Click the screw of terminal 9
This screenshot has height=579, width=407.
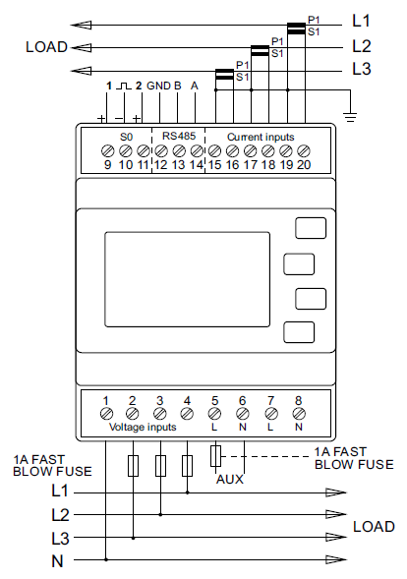[x=107, y=150]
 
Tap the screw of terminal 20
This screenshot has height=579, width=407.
[x=303, y=150]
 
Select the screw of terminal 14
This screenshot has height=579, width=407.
[x=197, y=150]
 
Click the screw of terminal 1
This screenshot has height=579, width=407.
[x=106, y=414]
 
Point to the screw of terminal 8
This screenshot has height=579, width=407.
[x=299, y=414]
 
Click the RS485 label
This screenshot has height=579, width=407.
[x=179, y=136]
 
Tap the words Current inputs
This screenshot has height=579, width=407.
[x=261, y=137]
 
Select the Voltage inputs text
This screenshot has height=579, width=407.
[x=143, y=427]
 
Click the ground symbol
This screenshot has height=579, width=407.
[x=350, y=116]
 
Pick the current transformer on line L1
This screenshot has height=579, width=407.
[x=296, y=29]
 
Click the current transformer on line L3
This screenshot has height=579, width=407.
[x=224, y=75]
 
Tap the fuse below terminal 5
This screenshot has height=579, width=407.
[x=215, y=456]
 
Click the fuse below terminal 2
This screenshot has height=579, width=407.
[x=133, y=466]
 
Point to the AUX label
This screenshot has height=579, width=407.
[x=230, y=480]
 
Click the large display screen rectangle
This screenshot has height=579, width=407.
[x=187, y=279]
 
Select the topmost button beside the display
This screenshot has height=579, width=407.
[x=311, y=228]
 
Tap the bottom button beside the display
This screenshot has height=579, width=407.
[x=299, y=332]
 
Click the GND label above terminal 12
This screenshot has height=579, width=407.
[x=158, y=86]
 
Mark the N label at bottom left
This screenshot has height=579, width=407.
[x=57, y=561]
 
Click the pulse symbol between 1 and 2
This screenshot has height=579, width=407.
[x=124, y=87]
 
